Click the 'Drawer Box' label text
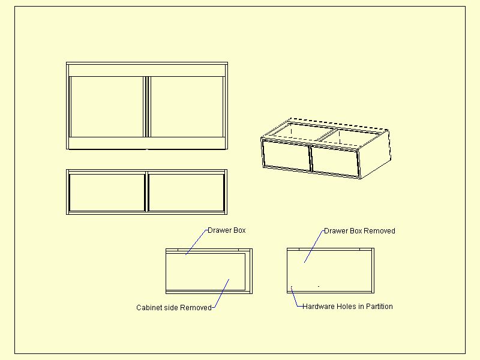point(227,230)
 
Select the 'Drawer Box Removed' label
point(359,231)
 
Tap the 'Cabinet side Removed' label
point(174,307)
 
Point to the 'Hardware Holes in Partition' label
point(347,307)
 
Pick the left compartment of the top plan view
point(107,107)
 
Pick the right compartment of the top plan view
point(187,107)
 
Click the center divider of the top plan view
point(147,107)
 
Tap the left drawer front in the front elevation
point(107,193)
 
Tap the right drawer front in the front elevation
point(187,193)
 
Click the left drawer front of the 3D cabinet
point(287,155)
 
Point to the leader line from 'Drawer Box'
point(197,242)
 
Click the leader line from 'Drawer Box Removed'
point(314,247)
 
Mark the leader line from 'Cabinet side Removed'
point(220,293)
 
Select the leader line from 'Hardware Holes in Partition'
point(295,296)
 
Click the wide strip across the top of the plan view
point(147,70)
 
